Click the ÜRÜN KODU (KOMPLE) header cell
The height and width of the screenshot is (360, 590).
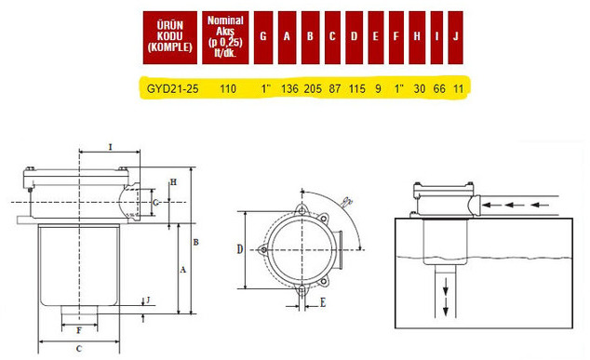[169, 35]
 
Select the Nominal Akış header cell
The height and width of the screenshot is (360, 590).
[226, 35]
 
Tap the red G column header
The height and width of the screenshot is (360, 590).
[264, 36]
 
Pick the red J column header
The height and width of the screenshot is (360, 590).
[456, 36]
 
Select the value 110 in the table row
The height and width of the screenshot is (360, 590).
[227, 88]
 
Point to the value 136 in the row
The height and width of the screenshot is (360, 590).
[288, 88]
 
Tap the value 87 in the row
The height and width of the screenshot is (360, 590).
[334, 88]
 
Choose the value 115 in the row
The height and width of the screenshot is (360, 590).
[356, 88]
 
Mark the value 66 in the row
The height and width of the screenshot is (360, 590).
[439, 88]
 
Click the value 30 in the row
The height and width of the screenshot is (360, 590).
[419, 88]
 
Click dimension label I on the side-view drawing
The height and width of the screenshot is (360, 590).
[111, 147]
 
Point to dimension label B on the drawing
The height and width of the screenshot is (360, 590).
[194, 242]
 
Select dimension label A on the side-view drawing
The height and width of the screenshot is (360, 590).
[181, 268]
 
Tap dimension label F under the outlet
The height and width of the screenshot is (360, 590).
[79, 329]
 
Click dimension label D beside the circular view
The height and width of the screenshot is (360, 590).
[239, 248]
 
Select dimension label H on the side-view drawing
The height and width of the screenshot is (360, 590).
[172, 181]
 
